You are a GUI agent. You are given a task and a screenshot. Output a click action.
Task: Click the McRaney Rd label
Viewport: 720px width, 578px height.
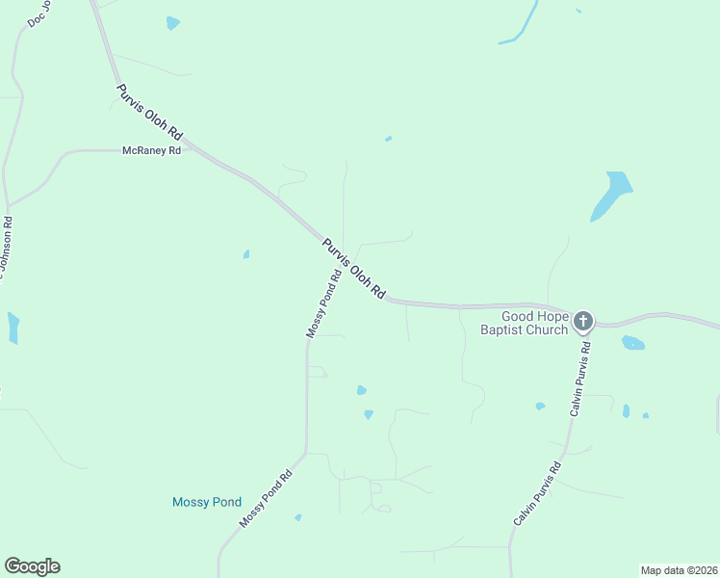[x=151, y=151]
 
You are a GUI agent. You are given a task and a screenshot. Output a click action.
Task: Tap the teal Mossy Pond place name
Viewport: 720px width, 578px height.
[x=206, y=502]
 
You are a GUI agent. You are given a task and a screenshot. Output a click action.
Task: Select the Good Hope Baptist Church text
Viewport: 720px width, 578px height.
[x=534, y=323]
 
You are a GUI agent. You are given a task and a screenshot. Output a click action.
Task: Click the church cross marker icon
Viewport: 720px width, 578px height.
[x=583, y=321]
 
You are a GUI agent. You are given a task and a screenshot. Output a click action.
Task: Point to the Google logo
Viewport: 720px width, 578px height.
[x=32, y=566]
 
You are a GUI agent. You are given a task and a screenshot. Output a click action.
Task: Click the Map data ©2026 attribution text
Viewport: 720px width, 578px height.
[x=679, y=570]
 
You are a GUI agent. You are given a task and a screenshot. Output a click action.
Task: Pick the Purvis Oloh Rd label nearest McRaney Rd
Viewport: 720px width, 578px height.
[x=149, y=113]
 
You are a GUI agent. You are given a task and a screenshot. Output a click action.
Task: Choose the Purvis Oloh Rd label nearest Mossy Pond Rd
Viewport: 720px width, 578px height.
[x=353, y=270]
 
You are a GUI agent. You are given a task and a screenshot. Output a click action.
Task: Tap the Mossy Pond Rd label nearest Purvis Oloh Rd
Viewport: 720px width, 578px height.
[x=324, y=303]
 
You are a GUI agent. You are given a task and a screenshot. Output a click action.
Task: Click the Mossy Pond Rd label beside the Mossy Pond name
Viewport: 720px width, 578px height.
[x=266, y=499]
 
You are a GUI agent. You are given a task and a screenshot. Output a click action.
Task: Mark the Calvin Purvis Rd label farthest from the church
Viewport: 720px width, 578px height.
[x=537, y=493]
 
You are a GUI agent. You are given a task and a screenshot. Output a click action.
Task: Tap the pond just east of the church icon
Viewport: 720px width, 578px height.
[x=633, y=343]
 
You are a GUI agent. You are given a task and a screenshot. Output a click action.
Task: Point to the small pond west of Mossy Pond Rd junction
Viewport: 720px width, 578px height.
[x=246, y=254]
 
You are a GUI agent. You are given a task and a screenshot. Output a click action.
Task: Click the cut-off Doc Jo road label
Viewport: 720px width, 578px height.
[x=39, y=13]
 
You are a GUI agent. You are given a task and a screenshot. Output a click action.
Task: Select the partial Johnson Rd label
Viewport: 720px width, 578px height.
[x=6, y=249]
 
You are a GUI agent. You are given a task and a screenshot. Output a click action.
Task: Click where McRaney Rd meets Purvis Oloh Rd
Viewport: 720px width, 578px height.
[x=191, y=147]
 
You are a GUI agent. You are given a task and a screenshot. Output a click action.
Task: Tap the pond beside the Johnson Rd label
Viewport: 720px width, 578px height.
[x=13, y=328]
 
